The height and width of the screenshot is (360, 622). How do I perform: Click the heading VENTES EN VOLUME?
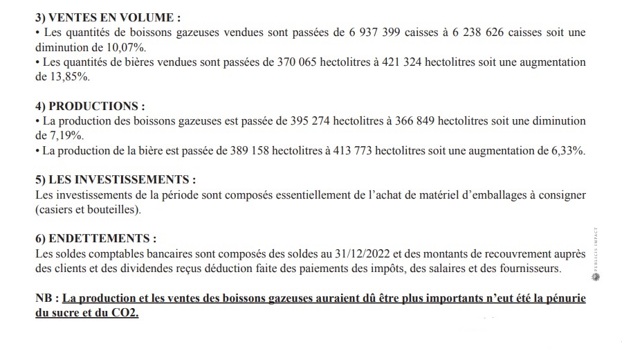(104, 18)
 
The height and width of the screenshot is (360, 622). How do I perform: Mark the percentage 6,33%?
(567, 151)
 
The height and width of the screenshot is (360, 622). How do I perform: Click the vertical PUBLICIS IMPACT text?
(597, 250)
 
